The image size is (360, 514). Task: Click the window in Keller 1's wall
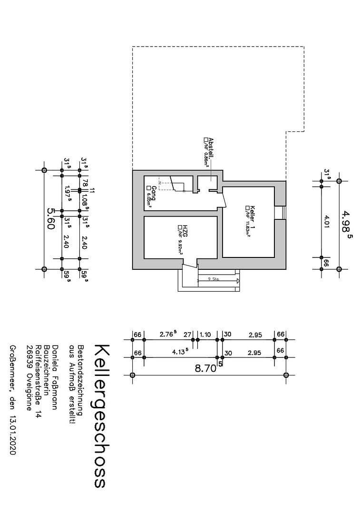point(280,212)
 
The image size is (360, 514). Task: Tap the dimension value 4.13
point(180,353)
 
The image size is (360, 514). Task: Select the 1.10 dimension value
point(205,335)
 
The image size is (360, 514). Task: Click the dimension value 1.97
point(68,192)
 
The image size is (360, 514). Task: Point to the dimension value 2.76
point(168,334)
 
